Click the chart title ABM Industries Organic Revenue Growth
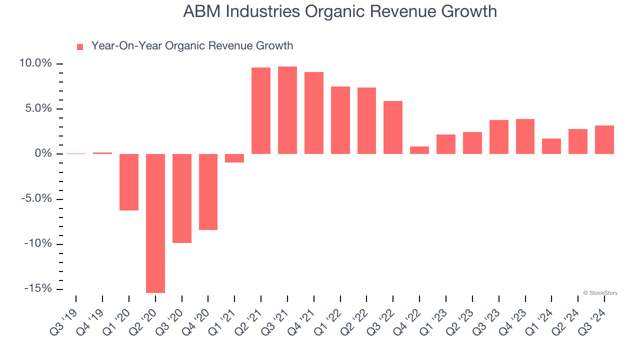[340, 11]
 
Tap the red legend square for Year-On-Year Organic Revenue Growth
[80, 47]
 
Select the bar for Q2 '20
[155, 223]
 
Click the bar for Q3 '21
[287, 110]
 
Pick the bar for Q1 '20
[129, 182]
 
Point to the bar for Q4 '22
[419, 150]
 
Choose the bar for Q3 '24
[604, 139]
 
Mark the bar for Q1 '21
[234, 158]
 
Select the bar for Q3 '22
[393, 127]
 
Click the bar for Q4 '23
[525, 136]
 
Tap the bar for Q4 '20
[208, 191]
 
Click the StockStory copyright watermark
[600, 293]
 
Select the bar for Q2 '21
[261, 110]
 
